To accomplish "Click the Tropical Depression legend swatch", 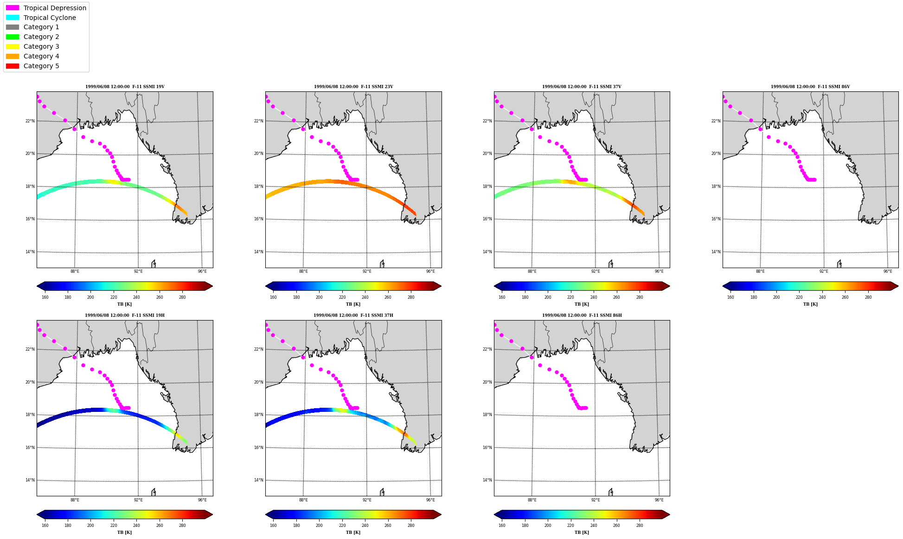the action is pyautogui.click(x=13, y=8).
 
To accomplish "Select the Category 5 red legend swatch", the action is pyautogui.click(x=13, y=66).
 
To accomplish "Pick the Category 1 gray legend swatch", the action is pyautogui.click(x=13, y=27).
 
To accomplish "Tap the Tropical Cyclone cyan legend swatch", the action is pyautogui.click(x=13, y=18).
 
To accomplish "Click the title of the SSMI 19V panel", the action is pyautogui.click(x=125, y=87).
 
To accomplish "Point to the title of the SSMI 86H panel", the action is pyautogui.click(x=582, y=315).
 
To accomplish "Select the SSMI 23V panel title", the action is pyautogui.click(x=353, y=87).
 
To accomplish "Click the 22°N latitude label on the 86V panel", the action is pyautogui.click(x=716, y=121).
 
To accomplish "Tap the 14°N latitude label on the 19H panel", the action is pyautogui.click(x=30, y=480).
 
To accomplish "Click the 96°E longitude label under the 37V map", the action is pyautogui.click(x=659, y=271).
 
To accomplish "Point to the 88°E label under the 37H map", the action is pyautogui.click(x=303, y=500).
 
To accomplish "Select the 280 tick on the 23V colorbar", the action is pyautogui.click(x=411, y=297).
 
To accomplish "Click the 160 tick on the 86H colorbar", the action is pyautogui.click(x=502, y=526).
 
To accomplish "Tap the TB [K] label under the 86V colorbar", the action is pyautogui.click(x=810, y=304).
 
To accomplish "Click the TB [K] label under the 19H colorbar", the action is pyautogui.click(x=124, y=533).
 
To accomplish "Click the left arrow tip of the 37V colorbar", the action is pyautogui.click(x=494, y=286).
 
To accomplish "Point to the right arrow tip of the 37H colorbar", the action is pyautogui.click(x=441, y=514).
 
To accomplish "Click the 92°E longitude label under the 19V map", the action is pyautogui.click(x=138, y=271).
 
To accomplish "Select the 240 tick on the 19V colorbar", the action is pyautogui.click(x=136, y=297).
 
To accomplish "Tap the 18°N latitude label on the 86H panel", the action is pyautogui.click(x=487, y=415).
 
